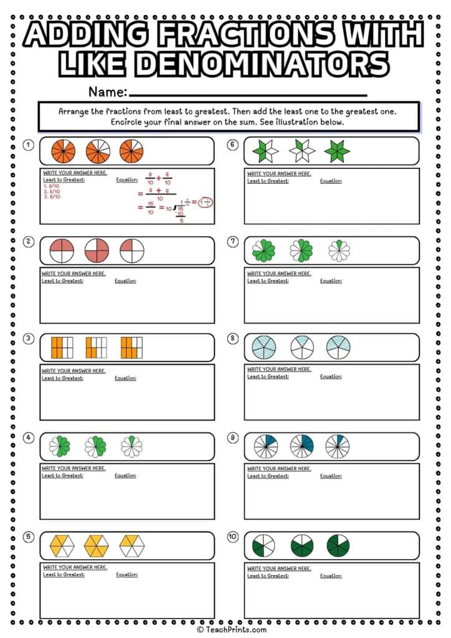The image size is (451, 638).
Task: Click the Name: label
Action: click(x=108, y=92)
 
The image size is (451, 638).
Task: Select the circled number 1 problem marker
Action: click(x=28, y=145)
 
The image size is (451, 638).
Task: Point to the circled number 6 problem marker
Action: click(x=233, y=145)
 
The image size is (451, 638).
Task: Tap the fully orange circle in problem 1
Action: click(x=63, y=151)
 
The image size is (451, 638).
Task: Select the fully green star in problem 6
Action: click(x=338, y=151)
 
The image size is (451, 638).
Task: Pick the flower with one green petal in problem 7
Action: click(x=338, y=250)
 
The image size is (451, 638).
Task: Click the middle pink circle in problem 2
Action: click(x=96, y=250)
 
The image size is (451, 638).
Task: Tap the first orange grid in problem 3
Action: click(x=62, y=347)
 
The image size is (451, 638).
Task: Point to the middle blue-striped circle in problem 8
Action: click(x=302, y=347)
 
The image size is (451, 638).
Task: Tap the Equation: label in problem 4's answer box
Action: click(x=125, y=475)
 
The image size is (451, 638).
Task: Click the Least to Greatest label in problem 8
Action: click(x=268, y=376)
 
